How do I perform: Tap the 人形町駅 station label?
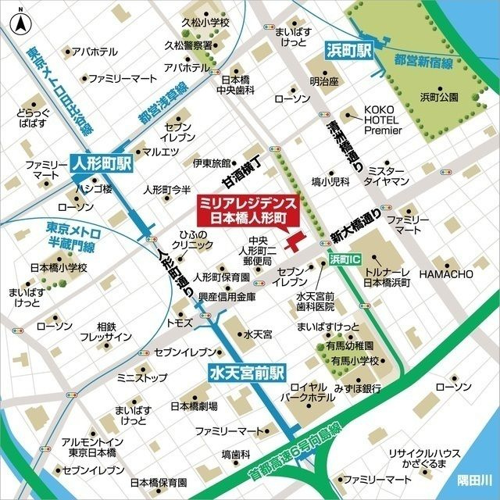102,165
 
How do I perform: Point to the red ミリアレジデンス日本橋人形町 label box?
245,209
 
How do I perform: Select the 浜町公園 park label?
439,98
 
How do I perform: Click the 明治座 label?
323,80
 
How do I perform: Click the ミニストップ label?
141,378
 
